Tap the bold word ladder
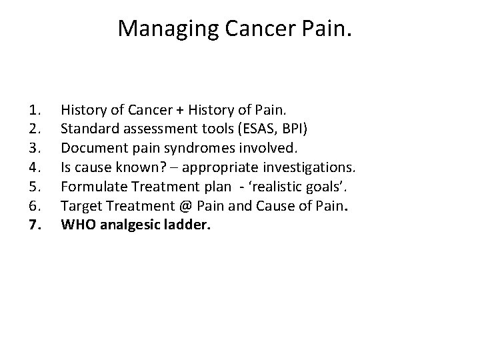click(190, 225)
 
